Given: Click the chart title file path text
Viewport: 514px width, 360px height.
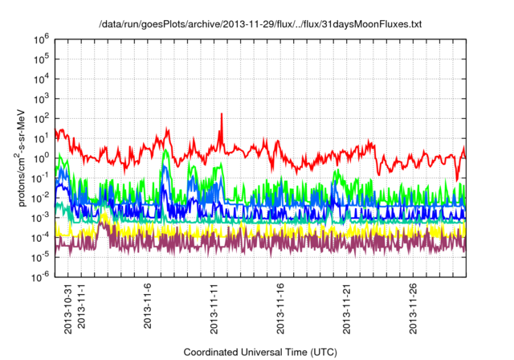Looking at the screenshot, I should tap(259, 25).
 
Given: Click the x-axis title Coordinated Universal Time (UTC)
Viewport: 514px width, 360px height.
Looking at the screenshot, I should tap(260, 352).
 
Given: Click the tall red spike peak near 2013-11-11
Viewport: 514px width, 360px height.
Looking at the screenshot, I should tap(222, 114).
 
